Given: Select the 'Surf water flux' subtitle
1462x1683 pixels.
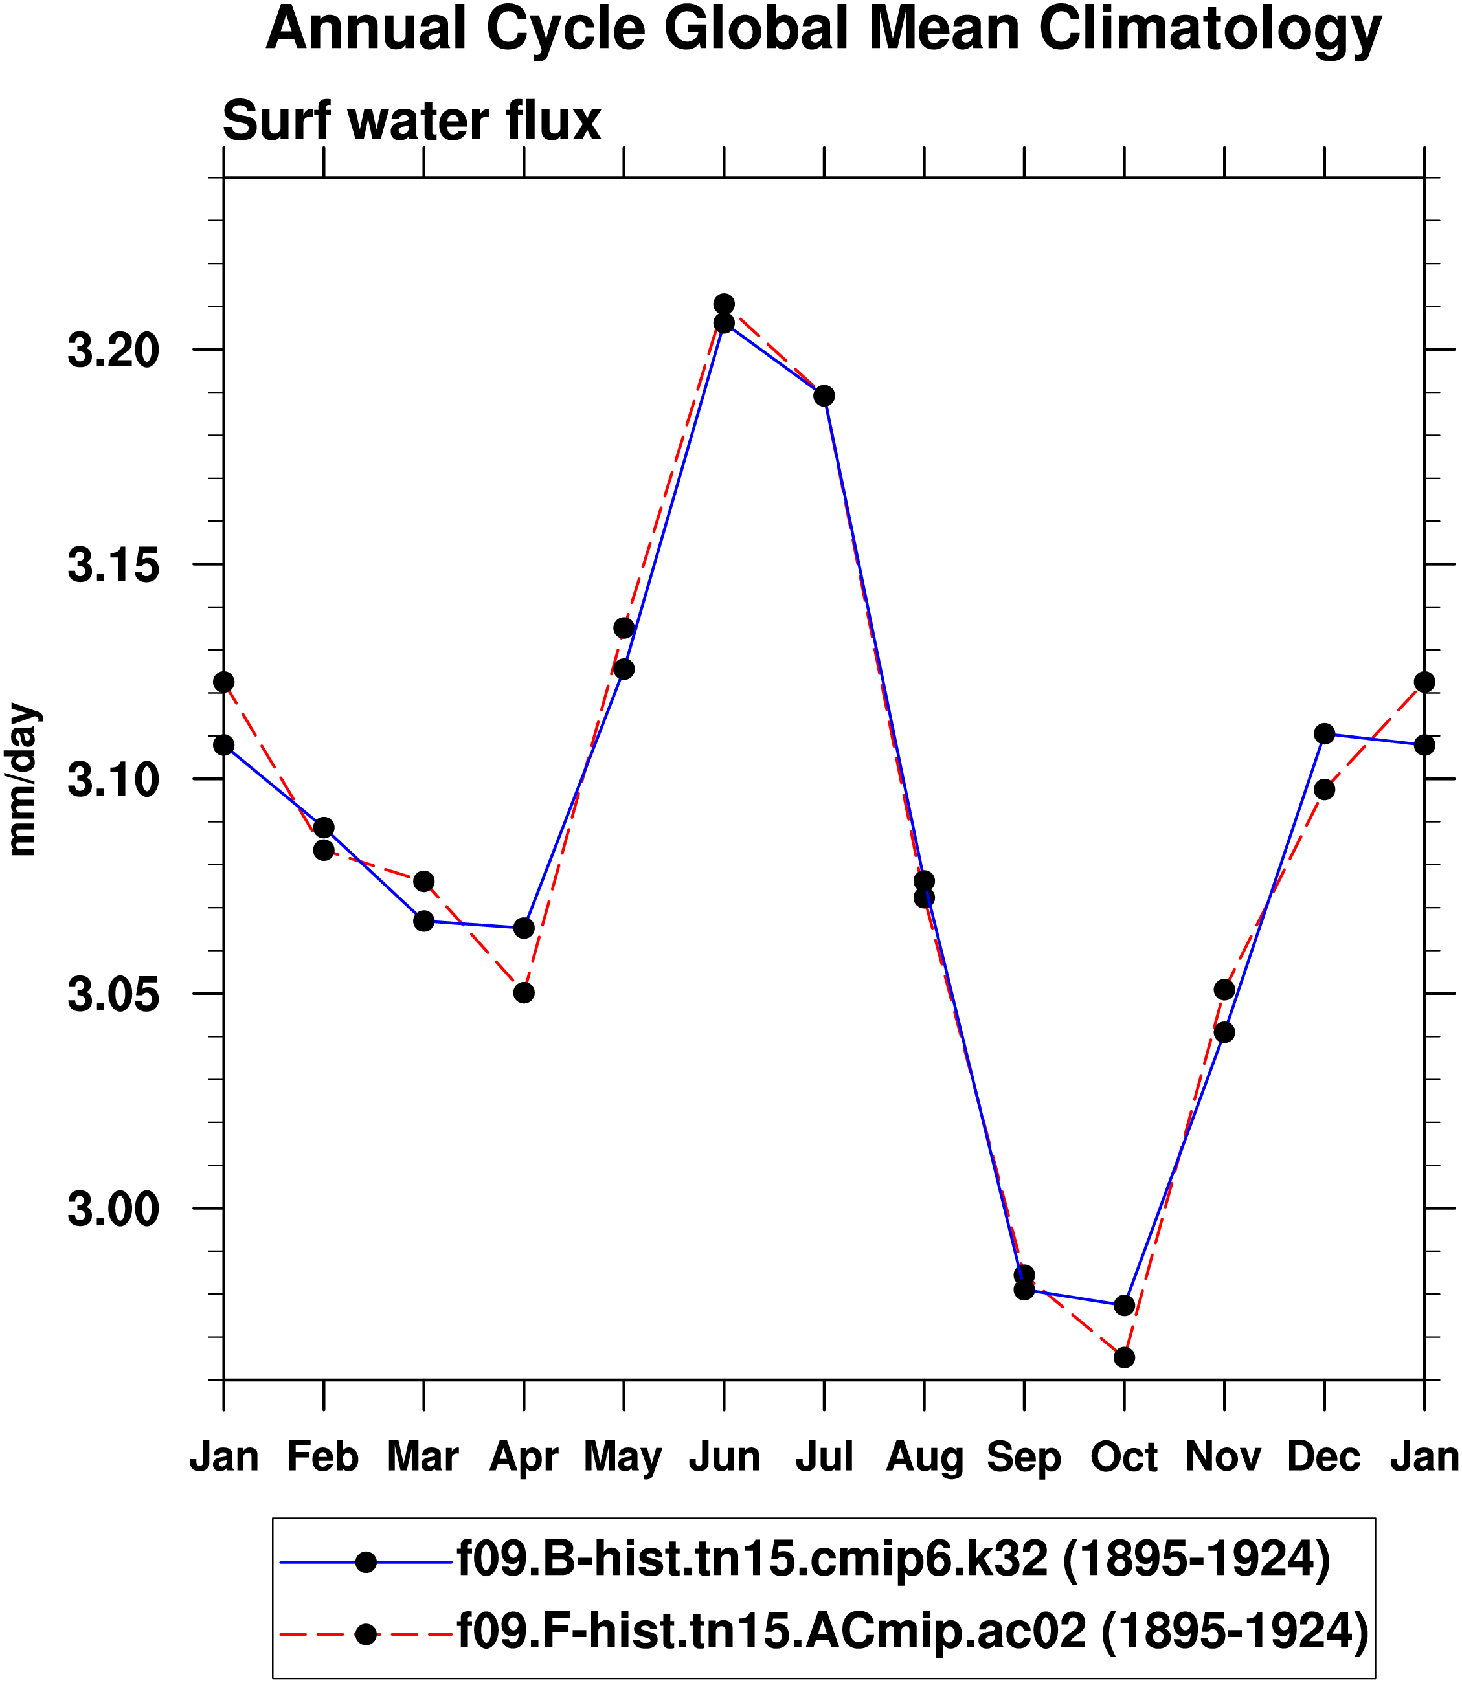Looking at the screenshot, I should (411, 122).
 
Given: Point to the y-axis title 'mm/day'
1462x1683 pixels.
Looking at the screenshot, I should (22, 779).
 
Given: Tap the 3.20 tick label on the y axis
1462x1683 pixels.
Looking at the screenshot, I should (113, 351).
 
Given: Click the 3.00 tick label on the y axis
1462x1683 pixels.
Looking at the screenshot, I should (113, 1209).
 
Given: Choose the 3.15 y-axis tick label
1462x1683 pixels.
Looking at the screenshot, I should (113, 565).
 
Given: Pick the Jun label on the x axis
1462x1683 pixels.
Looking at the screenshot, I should (725, 1457).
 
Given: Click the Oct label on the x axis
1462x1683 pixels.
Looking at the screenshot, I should (1123, 1457).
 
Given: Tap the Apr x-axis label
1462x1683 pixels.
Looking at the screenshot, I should (524, 1457).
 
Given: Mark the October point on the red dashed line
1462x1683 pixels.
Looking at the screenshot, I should (1124, 1357).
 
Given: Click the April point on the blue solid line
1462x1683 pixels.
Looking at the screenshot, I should (524, 928).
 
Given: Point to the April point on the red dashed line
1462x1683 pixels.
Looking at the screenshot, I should (524, 993).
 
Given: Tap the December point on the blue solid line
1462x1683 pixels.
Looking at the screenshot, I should (1324, 733).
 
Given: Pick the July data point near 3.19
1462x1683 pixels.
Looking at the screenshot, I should (824, 396).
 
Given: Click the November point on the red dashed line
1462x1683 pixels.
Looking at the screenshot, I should (1224, 990).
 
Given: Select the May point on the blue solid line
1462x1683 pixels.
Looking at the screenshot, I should (624, 669).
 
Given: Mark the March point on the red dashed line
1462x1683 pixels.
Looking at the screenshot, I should (423, 881).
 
